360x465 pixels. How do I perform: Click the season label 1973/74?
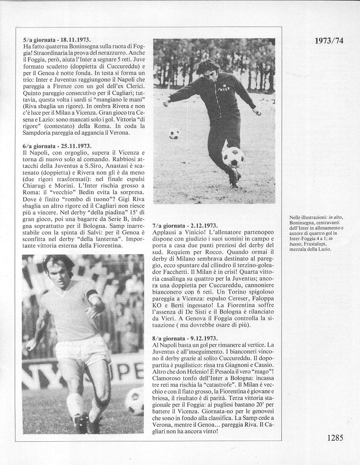point(329,40)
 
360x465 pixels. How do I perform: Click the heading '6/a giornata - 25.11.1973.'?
point(56,146)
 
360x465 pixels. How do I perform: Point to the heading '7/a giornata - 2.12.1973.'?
point(185,226)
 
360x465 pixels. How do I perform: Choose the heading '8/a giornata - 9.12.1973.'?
point(185,338)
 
